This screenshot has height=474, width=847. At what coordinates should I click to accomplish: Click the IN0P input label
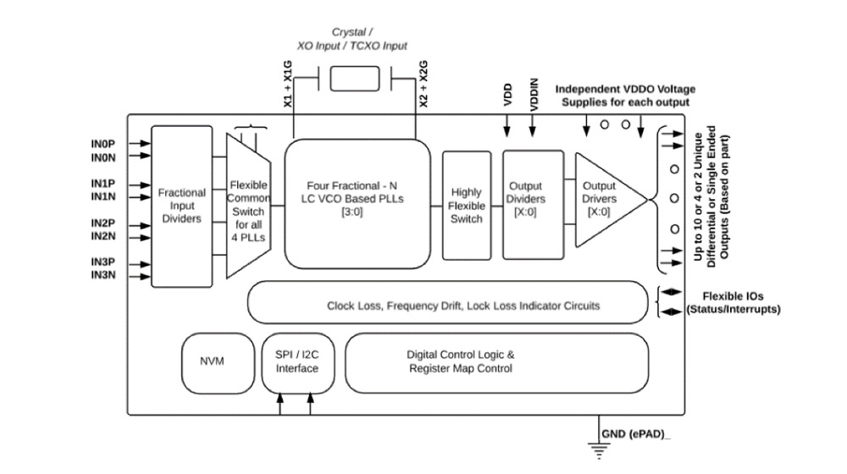tap(104, 145)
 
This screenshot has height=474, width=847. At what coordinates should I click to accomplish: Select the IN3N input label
tap(104, 275)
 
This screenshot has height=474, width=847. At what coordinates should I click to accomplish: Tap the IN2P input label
tap(104, 223)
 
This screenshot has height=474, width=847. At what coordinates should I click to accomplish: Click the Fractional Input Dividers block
tap(181, 206)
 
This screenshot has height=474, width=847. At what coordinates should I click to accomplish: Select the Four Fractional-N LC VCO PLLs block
tap(357, 204)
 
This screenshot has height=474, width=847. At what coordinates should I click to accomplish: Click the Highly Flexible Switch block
tap(466, 206)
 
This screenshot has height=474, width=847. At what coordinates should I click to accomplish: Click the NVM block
tap(211, 361)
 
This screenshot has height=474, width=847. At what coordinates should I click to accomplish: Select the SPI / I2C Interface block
tap(296, 362)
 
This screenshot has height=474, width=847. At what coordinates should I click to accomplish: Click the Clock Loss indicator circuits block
tap(462, 305)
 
